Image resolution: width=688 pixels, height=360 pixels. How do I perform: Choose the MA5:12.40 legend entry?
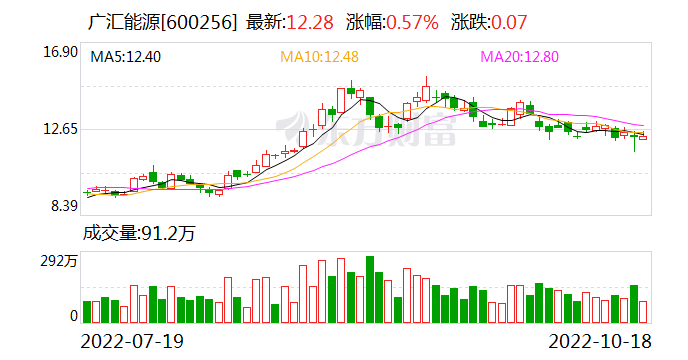point(125,57)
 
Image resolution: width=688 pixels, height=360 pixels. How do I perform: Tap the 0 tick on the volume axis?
point(72,315)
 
